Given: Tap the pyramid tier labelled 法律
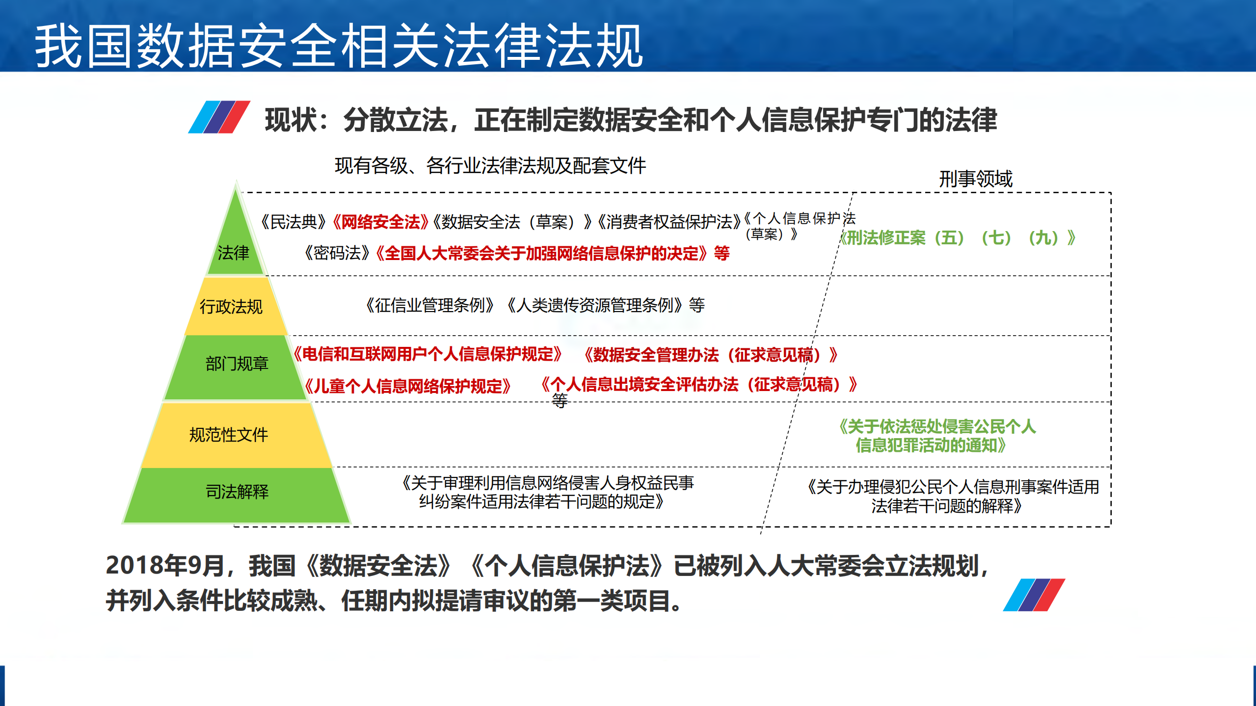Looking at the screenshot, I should click(234, 253).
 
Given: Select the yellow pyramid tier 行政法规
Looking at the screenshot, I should click(231, 307).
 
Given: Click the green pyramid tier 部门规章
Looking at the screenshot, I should click(237, 364).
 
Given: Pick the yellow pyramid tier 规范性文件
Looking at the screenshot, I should click(229, 435).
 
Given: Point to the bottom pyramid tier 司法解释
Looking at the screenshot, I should click(237, 492).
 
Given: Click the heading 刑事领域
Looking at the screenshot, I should click(976, 179).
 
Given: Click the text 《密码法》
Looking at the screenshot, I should click(337, 253).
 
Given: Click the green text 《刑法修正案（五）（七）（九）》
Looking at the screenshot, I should click(957, 238).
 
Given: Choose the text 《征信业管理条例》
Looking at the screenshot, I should click(429, 305).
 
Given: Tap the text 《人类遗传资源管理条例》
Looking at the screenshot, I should click(594, 305).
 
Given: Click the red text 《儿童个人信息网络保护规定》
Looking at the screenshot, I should click(408, 386).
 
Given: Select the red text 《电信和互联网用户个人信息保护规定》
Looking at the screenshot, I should click(428, 354).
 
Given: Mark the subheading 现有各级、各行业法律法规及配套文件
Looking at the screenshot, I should click(490, 166).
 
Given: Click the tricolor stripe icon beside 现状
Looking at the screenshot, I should click(219, 117).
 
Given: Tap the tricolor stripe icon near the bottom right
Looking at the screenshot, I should click(1034, 595).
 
